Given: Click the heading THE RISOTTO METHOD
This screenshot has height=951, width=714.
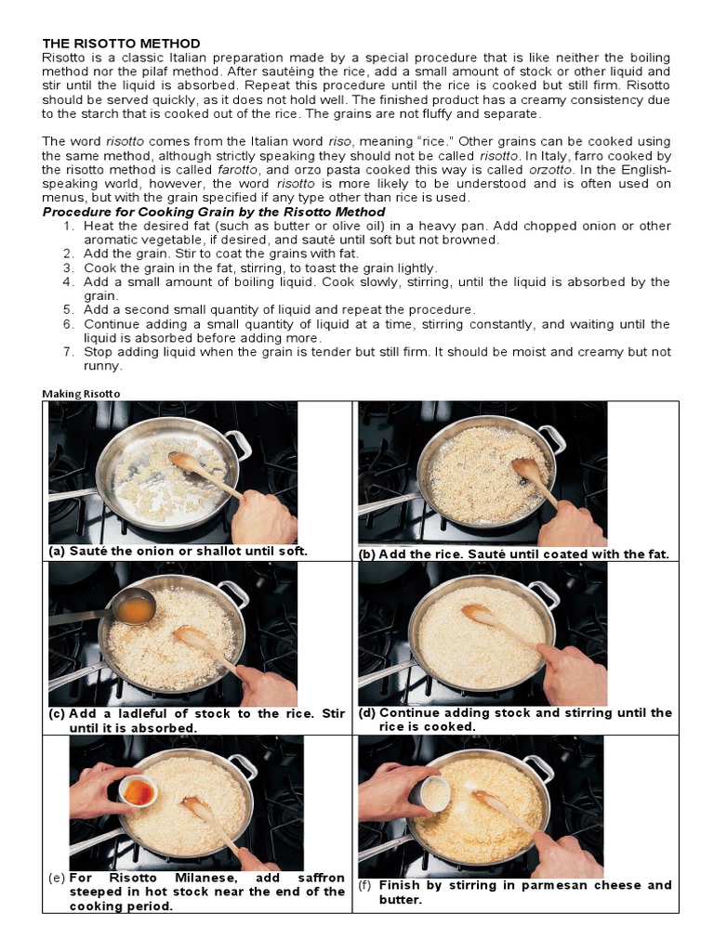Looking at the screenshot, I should coord(121,44).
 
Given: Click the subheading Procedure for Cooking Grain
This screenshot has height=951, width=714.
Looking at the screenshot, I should coord(214,212).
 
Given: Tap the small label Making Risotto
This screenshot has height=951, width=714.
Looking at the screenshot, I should coord(81,393).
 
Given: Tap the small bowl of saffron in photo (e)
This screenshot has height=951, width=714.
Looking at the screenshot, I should coord(139,791).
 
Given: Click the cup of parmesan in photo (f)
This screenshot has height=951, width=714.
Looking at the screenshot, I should coord(434,793).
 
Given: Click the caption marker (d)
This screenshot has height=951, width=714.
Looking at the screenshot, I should coord(366,713).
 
